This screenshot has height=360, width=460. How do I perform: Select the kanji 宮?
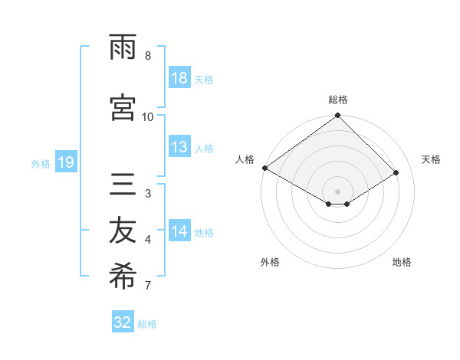pyautogui.click(x=123, y=107)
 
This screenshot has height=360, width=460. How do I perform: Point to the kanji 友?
pyautogui.click(x=123, y=231)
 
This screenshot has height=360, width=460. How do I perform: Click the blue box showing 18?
pyautogui.click(x=179, y=78)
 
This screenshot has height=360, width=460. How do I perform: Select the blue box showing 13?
pyautogui.click(x=179, y=148)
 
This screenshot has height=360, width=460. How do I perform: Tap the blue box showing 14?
pyautogui.click(x=179, y=231)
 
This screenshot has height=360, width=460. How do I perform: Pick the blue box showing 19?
pyautogui.click(x=65, y=162)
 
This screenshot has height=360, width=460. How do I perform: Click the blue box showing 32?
pyautogui.click(x=123, y=322)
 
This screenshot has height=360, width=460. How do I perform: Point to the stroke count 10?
pyautogui.click(x=148, y=116)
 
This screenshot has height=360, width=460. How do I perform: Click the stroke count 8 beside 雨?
pyautogui.click(x=148, y=55)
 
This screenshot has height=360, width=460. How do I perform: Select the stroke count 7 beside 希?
pyautogui.click(x=148, y=286)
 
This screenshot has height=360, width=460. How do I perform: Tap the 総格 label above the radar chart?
pyautogui.click(x=338, y=100)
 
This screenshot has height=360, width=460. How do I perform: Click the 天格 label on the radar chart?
pyautogui.click(x=431, y=159)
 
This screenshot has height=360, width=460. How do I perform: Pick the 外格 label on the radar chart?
pyautogui.click(x=270, y=262)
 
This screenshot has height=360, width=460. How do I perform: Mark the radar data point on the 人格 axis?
pyautogui.click(x=264, y=168)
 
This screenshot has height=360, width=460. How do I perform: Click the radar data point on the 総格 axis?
pyautogui.click(x=337, y=116)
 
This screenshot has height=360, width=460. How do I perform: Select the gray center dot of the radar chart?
pyautogui.click(x=337, y=190)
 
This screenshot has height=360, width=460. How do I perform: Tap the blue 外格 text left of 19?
pyautogui.click(x=41, y=163)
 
